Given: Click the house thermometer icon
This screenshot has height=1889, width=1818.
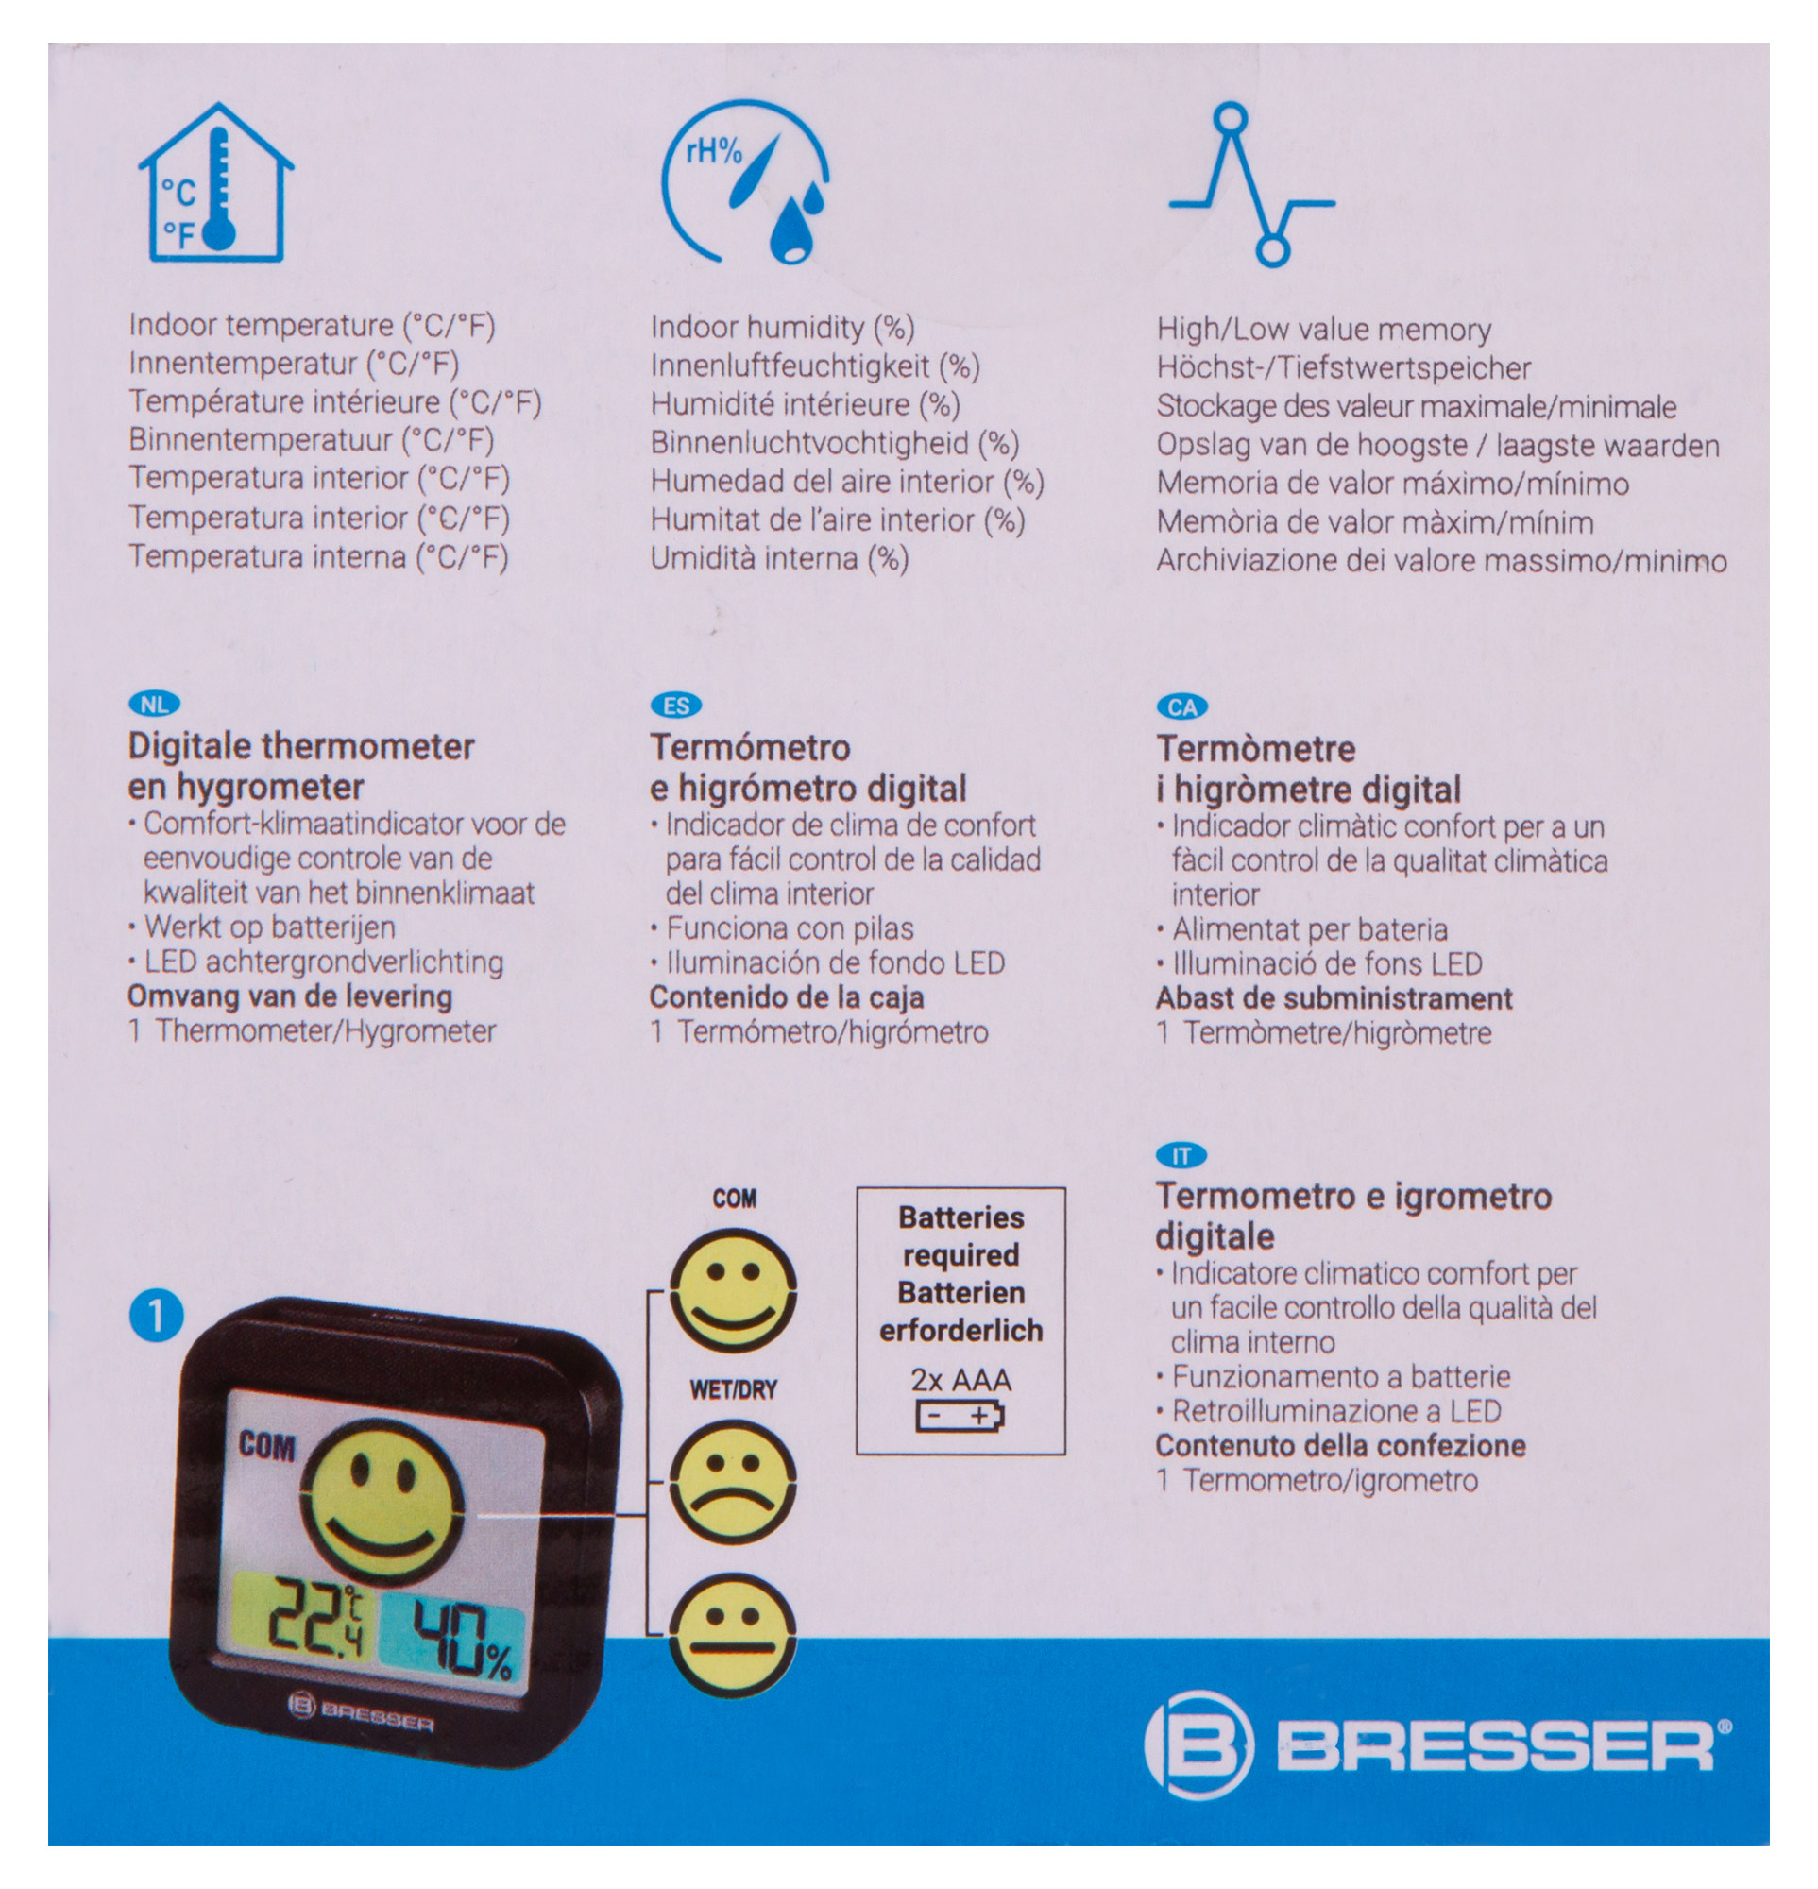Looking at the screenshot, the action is (x=216, y=183).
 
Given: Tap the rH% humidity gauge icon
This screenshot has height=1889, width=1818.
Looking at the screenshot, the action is (x=745, y=182).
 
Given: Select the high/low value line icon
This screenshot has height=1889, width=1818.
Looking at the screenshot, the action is (x=1250, y=185).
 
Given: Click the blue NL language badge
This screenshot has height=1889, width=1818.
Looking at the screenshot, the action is (x=154, y=705).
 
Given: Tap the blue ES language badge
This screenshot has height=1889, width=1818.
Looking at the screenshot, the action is (x=676, y=706).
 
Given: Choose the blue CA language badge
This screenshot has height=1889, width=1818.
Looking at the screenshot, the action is (x=1182, y=707).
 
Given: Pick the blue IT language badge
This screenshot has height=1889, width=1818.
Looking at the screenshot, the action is (x=1181, y=1155).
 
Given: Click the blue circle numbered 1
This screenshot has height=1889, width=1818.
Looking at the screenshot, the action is (x=156, y=1316).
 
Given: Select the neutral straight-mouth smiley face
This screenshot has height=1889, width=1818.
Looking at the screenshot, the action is (x=733, y=1636).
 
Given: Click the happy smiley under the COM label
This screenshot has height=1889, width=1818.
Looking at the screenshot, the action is (x=733, y=1291).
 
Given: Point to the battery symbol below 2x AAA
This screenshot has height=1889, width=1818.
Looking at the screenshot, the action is (x=960, y=1417).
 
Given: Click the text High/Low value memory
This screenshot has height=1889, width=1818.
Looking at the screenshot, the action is (x=1324, y=330).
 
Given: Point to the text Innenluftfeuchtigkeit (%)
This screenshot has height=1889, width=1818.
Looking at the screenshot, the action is (x=815, y=366).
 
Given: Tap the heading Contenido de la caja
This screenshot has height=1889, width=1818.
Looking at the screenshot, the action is (x=786, y=996).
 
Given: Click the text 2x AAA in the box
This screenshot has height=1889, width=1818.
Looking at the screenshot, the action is (x=960, y=1380).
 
